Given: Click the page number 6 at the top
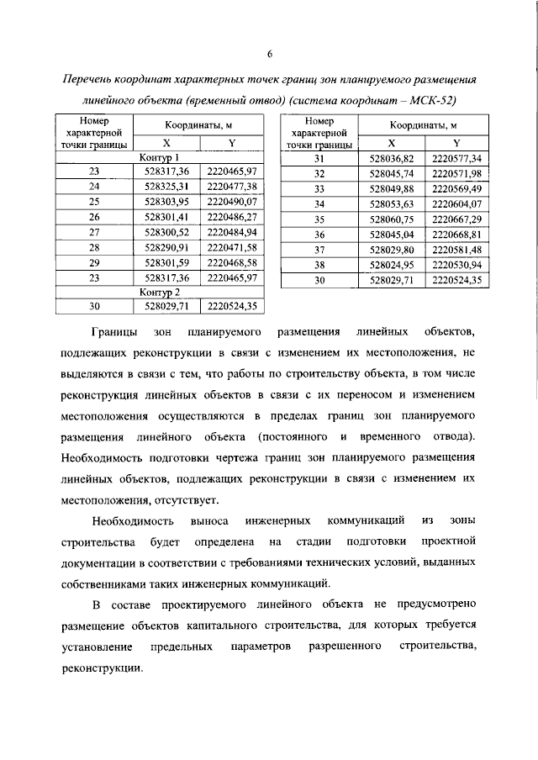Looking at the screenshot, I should coord(269,55).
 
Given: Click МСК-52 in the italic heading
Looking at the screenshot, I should coord(439,100).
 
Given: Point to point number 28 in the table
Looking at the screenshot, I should coord(93,246).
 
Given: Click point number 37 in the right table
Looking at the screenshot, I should coord(319,249).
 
